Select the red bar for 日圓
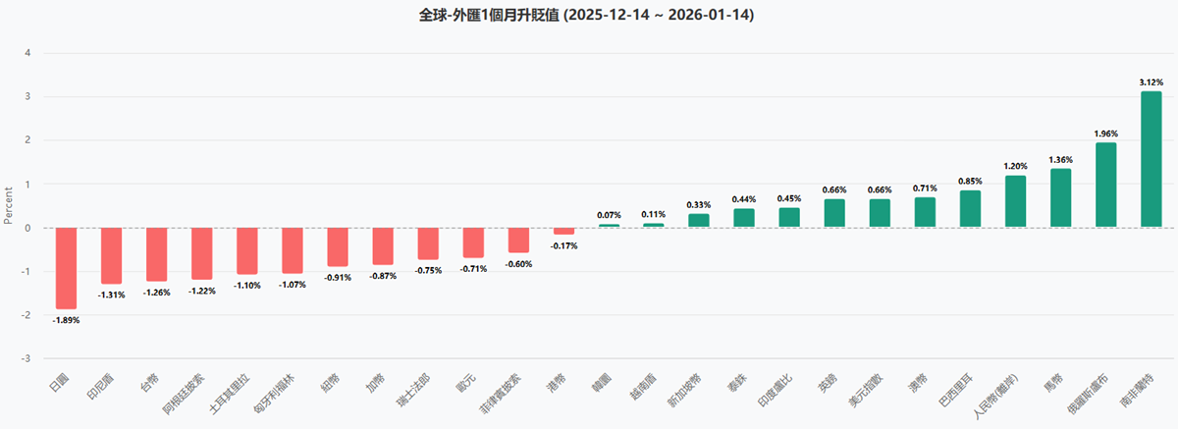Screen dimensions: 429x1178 [x=66, y=267]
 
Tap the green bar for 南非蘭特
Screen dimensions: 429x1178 [x=1151, y=159]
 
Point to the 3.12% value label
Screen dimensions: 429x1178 [x=1151, y=83]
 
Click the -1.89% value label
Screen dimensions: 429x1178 [x=66, y=320]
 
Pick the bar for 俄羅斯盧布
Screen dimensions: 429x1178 [x=1105, y=185]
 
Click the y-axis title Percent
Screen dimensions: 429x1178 [x=9, y=205]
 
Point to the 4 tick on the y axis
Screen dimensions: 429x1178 [x=28, y=53]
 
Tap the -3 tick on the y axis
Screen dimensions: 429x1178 [x=27, y=358]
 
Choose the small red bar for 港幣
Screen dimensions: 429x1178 [x=563, y=231]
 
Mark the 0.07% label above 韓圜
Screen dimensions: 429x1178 [x=609, y=215]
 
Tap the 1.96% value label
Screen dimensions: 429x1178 [x=1105, y=134]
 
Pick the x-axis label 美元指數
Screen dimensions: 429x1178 [x=863, y=391]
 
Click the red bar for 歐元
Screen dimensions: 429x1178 [x=473, y=242]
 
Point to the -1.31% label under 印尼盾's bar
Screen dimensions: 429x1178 [x=111, y=295]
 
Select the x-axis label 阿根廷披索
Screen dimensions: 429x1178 [x=186, y=391]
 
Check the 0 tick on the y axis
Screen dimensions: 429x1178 [x=28, y=228]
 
